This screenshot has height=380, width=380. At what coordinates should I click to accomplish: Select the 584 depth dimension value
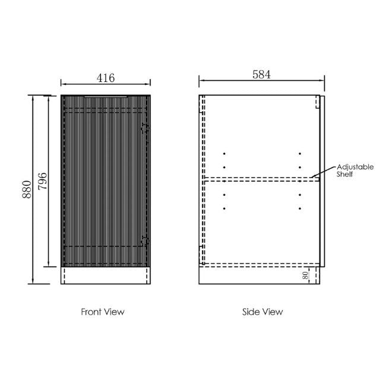[261, 75]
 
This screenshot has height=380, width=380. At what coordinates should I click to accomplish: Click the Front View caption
[103, 311]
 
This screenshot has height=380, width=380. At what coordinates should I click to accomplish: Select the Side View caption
[262, 311]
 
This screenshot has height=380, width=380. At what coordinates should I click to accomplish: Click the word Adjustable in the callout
[354, 167]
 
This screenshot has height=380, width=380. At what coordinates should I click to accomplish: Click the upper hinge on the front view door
[144, 126]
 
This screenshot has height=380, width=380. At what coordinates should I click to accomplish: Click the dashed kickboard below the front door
[106, 275]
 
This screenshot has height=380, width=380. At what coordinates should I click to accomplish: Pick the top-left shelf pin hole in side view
[224, 153]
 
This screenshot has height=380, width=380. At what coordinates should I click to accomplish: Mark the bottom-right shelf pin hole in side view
[300, 208]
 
